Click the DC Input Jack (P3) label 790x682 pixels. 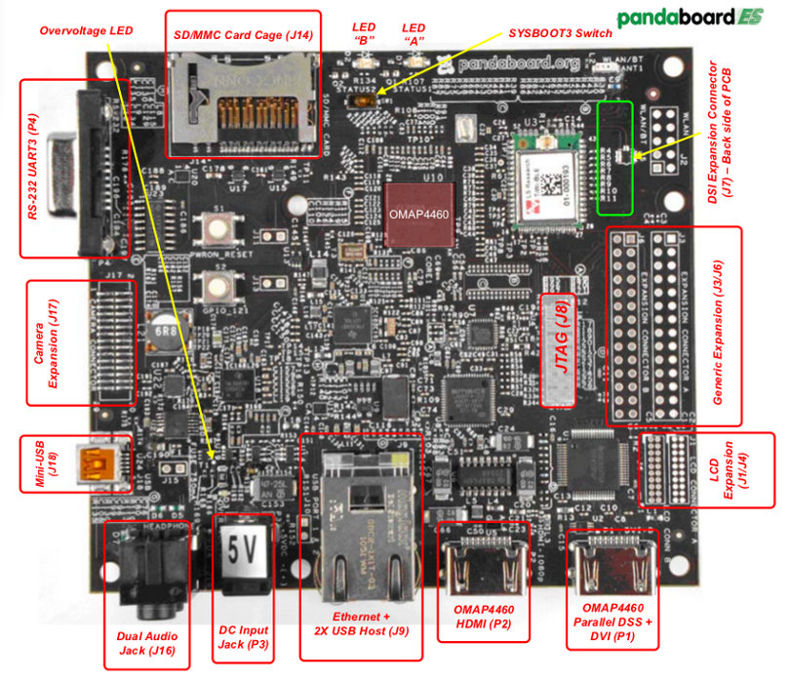(x=243, y=635)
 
